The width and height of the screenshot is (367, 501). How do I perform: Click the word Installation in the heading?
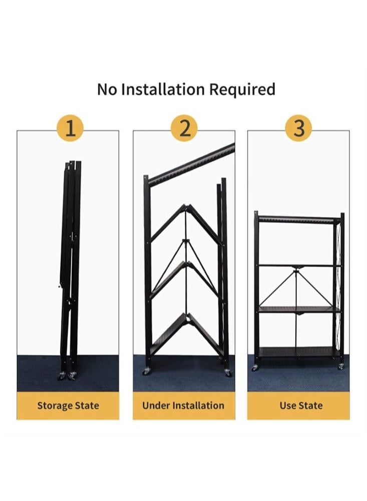(x=163, y=89)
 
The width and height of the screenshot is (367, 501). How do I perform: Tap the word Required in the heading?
(x=242, y=90)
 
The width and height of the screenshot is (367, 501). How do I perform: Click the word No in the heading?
(x=107, y=90)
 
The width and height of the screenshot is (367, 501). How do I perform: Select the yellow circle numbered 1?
(x=70, y=128)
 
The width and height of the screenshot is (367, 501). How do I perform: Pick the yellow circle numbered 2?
(x=184, y=128)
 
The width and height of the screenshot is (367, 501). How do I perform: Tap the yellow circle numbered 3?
(x=298, y=128)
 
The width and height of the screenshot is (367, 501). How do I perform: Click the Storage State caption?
(x=68, y=405)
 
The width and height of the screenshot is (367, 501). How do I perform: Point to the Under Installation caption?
(x=183, y=405)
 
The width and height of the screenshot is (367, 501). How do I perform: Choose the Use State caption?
(x=301, y=405)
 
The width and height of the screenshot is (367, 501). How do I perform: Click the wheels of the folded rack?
(x=67, y=376)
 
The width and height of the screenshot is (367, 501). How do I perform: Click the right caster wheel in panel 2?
(x=228, y=372)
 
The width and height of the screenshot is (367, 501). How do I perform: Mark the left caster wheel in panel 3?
(x=255, y=367)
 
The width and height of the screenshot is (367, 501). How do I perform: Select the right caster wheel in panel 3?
(x=341, y=366)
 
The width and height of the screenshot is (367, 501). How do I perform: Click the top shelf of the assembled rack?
(x=299, y=220)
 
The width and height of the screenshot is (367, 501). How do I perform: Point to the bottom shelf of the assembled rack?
(x=299, y=352)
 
